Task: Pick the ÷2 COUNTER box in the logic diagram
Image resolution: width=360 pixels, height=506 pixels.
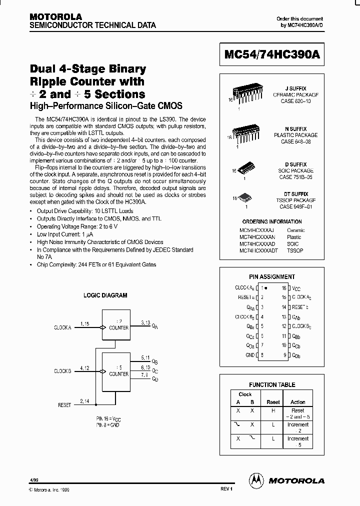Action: [118, 324]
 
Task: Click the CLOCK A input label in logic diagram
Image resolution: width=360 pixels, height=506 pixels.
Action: [63, 327]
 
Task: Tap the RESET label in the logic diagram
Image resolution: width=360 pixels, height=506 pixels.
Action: [64, 405]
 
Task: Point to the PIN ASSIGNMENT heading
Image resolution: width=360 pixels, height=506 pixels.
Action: [272, 276]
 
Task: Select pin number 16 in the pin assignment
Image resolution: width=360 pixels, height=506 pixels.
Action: [283, 288]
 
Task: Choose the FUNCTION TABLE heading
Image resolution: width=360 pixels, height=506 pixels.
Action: [272, 384]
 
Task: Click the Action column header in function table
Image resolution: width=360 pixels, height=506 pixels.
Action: [298, 402]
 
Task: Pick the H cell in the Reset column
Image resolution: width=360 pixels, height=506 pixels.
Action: [273, 410]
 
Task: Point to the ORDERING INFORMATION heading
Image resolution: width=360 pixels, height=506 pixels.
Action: [272, 221]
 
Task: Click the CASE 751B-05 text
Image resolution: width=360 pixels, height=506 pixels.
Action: [296, 176]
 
